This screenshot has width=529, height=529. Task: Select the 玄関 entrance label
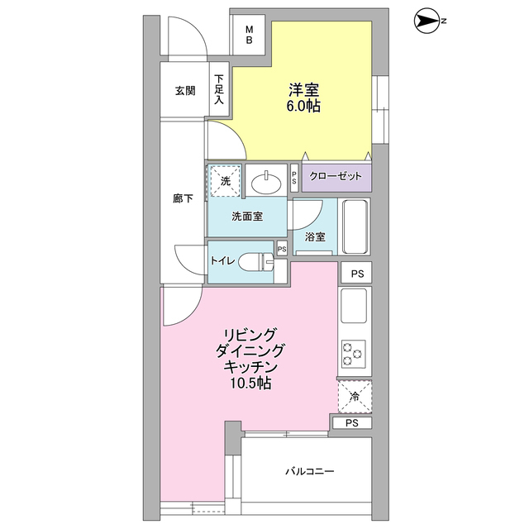pos(184,91)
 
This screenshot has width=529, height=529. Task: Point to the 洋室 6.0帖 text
pos(304,98)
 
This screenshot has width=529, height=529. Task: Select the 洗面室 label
pos(247,217)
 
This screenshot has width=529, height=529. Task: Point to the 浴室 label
pos(315,236)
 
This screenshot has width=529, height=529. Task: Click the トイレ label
pos(223,261)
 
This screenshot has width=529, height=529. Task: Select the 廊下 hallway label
pos(183,199)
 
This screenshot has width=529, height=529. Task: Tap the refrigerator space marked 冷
pos(354,397)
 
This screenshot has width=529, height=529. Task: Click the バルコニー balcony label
pos(309,472)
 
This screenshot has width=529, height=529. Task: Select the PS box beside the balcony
pos(352,423)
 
